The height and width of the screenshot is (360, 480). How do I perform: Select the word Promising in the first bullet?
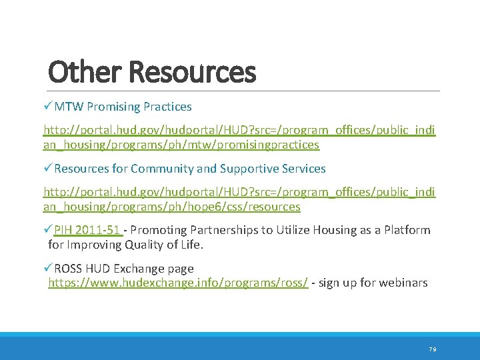(x=113, y=107)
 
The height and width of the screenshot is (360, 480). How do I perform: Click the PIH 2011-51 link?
(x=87, y=230)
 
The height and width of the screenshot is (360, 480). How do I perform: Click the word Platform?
(x=406, y=230)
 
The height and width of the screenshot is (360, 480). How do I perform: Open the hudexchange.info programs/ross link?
(x=178, y=283)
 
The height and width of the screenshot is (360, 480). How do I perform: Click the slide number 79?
(x=432, y=349)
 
